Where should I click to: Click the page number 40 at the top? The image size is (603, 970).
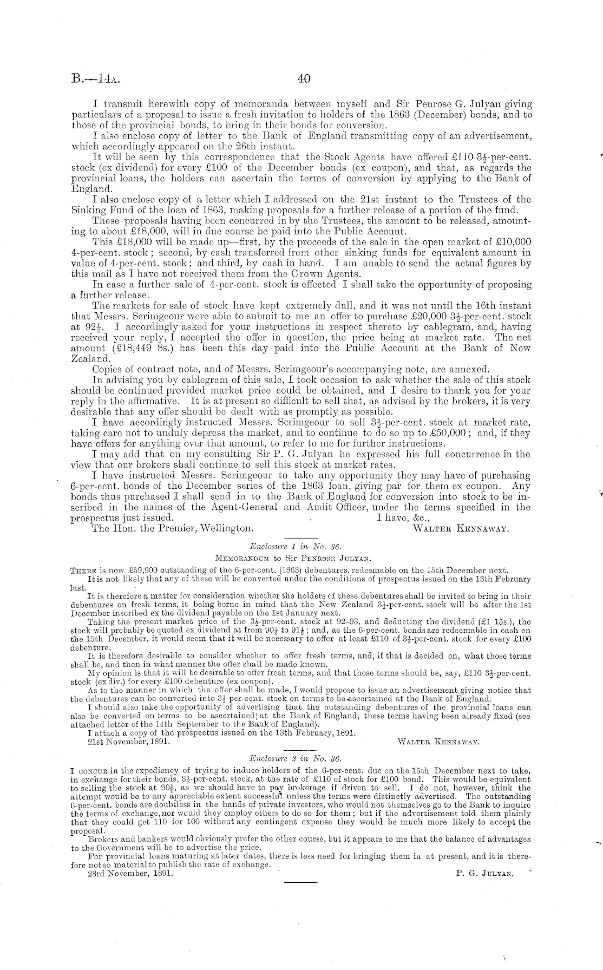point(304,78)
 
